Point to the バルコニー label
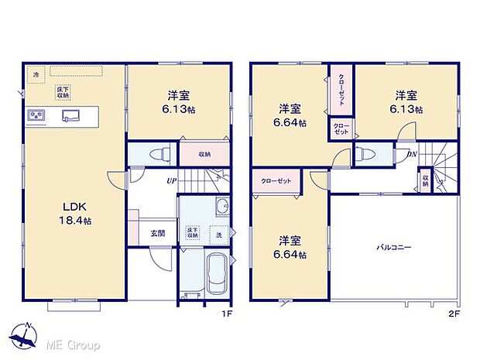point(394,247)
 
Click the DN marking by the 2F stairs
point(412,155)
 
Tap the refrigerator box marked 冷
point(36,74)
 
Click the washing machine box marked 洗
point(219,235)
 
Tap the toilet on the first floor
point(157,153)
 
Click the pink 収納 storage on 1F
point(205,153)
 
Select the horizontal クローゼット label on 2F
point(276,180)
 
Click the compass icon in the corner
point(25,337)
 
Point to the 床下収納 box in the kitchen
point(60,93)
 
